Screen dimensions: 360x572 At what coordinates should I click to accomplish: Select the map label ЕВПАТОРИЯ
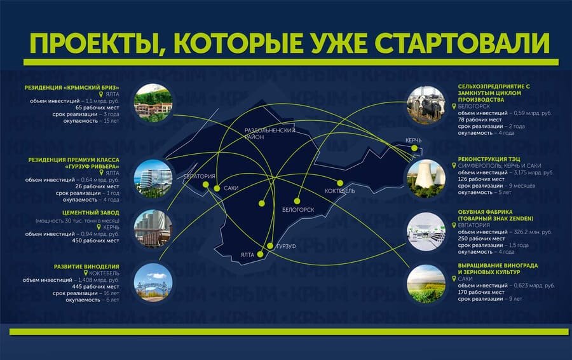(200, 176)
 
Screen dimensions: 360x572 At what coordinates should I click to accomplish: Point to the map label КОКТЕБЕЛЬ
(340, 191)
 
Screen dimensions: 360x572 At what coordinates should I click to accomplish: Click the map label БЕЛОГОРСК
(299, 209)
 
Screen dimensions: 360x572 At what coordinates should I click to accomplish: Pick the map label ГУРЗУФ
(285, 245)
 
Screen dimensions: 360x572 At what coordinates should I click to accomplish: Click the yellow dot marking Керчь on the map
(414, 148)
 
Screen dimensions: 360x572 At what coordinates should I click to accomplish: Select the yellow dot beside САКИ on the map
(217, 189)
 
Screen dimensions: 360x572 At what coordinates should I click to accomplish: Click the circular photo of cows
(426, 104)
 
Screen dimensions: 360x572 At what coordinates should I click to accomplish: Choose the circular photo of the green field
(426, 284)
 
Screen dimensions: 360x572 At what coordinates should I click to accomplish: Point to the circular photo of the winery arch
(154, 282)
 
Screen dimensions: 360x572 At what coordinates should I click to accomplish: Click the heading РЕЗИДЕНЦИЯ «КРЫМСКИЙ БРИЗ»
(72, 87)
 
